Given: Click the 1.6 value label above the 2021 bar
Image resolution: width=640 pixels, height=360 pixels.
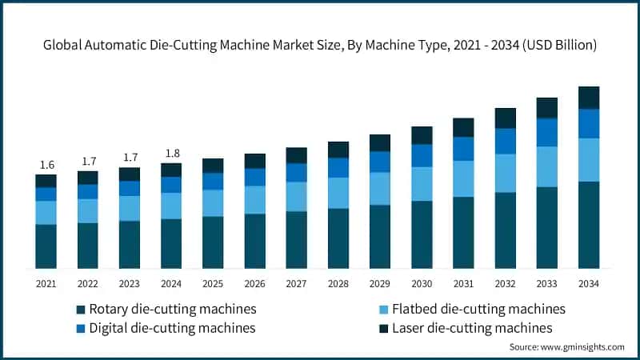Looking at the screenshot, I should pyautogui.click(x=46, y=165).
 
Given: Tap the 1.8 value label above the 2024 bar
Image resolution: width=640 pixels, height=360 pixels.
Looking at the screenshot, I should pyautogui.click(x=170, y=154).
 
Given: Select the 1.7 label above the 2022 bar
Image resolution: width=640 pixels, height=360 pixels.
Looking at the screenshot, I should pyautogui.click(x=87, y=161).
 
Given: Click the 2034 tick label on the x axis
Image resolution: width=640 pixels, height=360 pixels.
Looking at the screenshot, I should pyautogui.click(x=589, y=283).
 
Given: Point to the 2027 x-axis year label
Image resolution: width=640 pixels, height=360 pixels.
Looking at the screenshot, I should pyautogui.click(x=296, y=283).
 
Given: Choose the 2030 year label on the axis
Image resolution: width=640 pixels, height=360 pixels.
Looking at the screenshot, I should pyautogui.click(x=422, y=283).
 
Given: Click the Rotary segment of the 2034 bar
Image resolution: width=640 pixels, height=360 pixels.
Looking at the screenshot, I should pyautogui.click(x=589, y=225).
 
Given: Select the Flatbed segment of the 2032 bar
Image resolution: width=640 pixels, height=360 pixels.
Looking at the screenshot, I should pyautogui.click(x=506, y=173).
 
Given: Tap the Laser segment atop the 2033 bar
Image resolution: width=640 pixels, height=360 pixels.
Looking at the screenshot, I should pyautogui.click(x=547, y=108).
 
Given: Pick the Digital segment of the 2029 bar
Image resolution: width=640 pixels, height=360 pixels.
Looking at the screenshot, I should pyautogui.click(x=380, y=162).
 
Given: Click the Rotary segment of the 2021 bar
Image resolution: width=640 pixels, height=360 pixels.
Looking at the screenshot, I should pyautogui.click(x=46, y=246).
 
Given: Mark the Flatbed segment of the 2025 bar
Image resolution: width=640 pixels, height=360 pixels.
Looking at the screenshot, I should pyautogui.click(x=213, y=202).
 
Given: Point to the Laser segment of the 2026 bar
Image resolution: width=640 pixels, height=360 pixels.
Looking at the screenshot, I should pyautogui.click(x=254, y=161).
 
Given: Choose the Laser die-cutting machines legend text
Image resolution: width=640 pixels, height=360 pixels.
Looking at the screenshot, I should pyautogui.click(x=472, y=328).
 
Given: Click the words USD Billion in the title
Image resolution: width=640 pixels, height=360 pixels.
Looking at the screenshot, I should pyautogui.click(x=555, y=46).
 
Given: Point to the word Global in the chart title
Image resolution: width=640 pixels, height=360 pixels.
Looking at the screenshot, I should pyautogui.click(x=63, y=46).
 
